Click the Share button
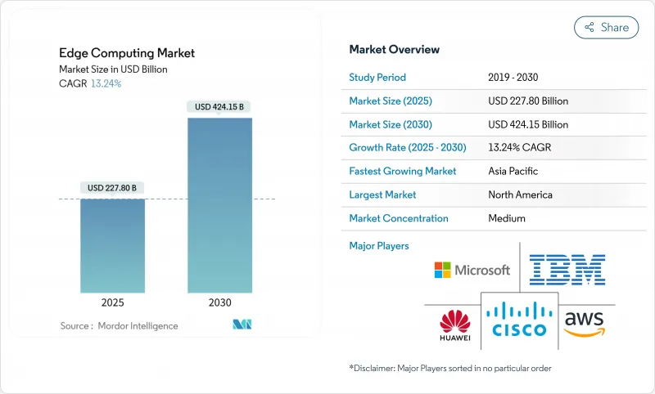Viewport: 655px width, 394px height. pos(606,27)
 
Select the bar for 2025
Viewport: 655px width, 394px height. pos(112,245)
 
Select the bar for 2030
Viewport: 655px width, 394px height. pos(219,204)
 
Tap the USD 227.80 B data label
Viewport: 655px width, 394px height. pos(112,188)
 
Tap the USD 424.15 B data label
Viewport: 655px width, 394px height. pos(219,106)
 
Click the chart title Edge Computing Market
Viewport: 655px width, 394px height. pos(127,53)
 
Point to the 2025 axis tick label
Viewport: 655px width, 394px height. pos(112,302)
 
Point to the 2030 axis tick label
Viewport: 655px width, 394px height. pos(219,302)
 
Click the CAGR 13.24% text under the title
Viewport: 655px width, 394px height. pos(91,83)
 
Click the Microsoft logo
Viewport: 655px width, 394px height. pos(472,270)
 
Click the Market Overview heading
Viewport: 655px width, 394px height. pos(395,50)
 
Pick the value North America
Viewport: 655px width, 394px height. pos(520,195)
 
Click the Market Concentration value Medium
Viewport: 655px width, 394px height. pos(507,218)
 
